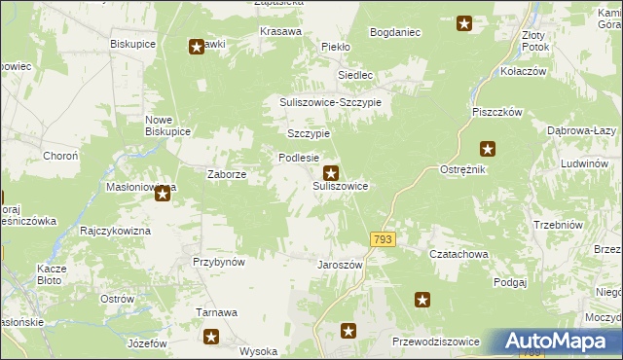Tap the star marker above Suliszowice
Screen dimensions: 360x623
[x=331, y=172]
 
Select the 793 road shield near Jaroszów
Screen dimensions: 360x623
[x=383, y=239]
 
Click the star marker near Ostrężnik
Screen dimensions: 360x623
[x=488, y=149]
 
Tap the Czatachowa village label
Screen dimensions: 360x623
[x=458, y=254]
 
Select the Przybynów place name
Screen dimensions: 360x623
[x=218, y=262]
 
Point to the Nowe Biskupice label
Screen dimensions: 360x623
[x=166, y=126]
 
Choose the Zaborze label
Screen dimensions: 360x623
[x=226, y=175]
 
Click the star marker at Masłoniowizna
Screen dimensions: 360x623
[x=163, y=195]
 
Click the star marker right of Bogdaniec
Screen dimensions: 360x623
[x=464, y=24]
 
